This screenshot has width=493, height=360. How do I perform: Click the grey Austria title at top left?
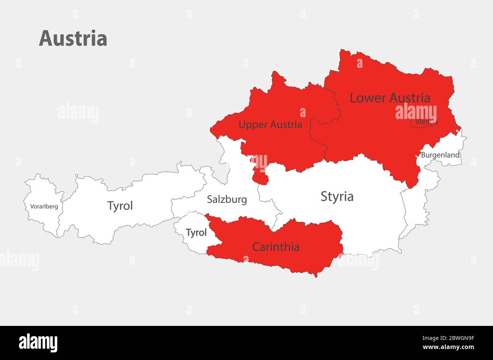[73, 39]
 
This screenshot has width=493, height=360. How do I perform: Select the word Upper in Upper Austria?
[251, 125]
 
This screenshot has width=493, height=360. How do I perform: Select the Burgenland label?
[440, 155]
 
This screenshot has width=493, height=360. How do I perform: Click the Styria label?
[337, 197]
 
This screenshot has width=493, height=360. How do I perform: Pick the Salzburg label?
[227, 199]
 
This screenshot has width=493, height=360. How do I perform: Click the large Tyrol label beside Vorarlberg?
[120, 206]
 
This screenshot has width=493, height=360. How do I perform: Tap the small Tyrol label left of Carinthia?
[196, 233]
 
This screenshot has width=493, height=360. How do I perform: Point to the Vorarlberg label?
[44, 207]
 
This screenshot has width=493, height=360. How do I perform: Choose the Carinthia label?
[276, 247]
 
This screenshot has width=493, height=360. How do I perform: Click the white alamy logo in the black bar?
[38, 342]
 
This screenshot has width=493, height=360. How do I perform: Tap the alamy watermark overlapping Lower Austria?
[416, 113]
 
